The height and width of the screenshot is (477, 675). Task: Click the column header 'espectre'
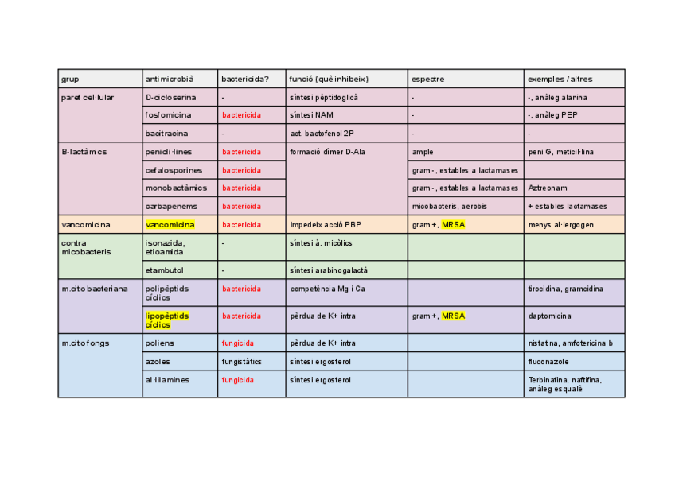[427, 79]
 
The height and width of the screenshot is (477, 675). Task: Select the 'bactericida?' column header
[244, 79]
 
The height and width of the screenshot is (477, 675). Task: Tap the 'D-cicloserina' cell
[170, 97]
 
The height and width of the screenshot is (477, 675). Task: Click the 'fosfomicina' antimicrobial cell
[168, 115]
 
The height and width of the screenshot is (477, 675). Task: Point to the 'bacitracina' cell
[166, 134]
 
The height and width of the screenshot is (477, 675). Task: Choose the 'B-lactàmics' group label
[84, 151]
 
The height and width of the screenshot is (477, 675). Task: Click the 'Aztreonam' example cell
[545, 188]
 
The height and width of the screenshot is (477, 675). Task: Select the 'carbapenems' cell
[169, 207]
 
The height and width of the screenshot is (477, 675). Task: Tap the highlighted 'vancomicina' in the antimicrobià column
[170, 225]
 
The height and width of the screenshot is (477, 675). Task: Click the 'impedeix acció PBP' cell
[326, 225]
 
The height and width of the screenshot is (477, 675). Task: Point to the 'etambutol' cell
[164, 270]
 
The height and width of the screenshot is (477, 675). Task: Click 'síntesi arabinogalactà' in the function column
[329, 270]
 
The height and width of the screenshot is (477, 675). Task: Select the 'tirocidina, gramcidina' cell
[565, 289]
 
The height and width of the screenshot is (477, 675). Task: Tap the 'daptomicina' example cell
[549, 316]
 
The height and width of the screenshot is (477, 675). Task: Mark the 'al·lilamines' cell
[167, 380]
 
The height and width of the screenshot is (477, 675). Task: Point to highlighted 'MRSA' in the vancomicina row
[453, 225]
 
